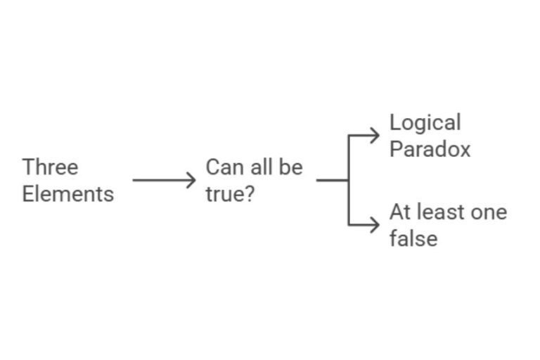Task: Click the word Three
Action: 50,167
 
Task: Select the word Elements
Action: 67,193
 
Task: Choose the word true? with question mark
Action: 230,193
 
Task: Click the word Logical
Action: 425,123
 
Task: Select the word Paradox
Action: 430,149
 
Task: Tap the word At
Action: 401,212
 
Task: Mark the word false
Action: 413,238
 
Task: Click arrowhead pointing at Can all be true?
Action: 192,180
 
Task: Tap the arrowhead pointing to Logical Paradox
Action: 375,136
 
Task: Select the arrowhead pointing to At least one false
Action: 375,225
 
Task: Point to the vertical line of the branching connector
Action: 349,180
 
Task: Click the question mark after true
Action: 248,193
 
